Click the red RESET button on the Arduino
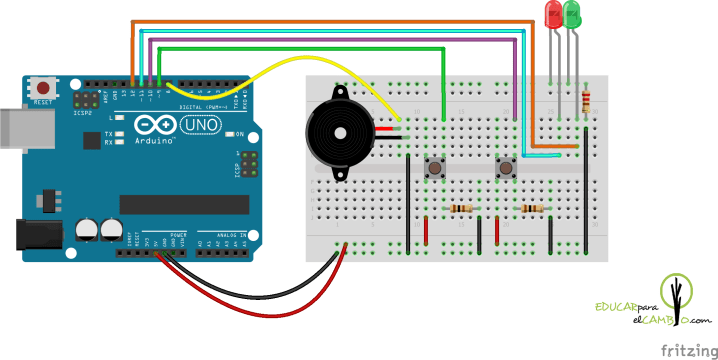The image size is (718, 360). coord(43,88)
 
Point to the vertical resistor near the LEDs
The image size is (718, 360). coord(585,100)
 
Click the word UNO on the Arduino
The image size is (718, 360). coord(203,124)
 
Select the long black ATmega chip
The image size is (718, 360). coord(184,204)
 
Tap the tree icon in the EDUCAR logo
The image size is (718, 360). coord(679,299)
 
